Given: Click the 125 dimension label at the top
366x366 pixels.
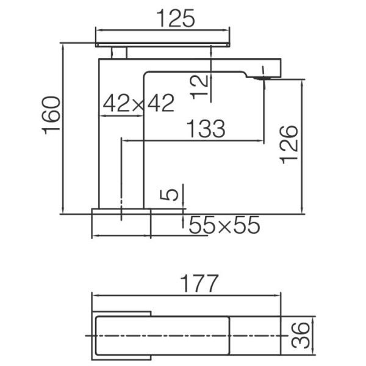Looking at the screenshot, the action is [x=175, y=18].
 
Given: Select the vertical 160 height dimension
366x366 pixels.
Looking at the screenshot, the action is [x=51, y=115].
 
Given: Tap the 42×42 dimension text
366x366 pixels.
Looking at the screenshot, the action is [x=138, y=103].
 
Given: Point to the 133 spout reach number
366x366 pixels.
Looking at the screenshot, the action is [x=206, y=128].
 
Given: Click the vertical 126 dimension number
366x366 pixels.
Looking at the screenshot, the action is [x=289, y=145].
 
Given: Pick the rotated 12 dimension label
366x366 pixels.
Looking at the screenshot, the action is [x=199, y=87].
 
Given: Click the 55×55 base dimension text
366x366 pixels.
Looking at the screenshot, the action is [x=224, y=224].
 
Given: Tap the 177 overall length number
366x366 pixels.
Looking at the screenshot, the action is [x=199, y=283].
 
